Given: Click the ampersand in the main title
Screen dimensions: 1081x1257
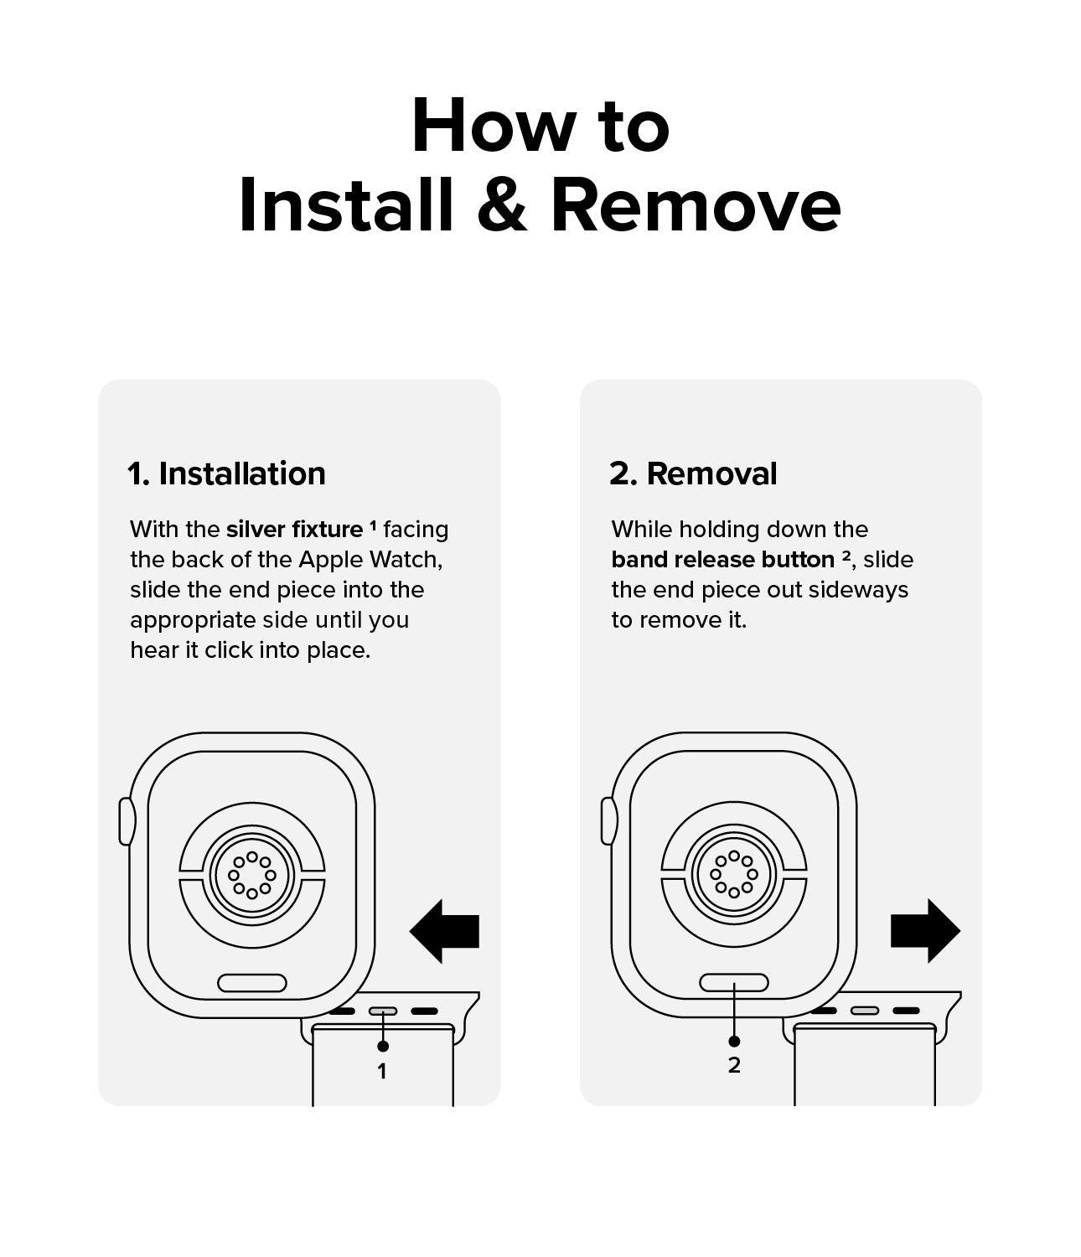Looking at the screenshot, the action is tap(502, 204).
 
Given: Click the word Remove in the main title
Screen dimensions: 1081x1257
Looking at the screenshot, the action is tap(696, 204).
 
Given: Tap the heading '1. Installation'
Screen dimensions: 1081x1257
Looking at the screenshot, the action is tap(227, 473).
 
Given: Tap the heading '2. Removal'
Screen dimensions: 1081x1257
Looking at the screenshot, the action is tap(693, 473).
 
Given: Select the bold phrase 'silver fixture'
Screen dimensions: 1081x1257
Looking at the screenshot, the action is tap(295, 529).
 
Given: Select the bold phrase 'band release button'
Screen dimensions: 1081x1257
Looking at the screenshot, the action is tap(723, 560).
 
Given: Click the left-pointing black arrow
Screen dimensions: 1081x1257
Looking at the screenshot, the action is tap(444, 931).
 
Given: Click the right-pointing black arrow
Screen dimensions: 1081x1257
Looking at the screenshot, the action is tap(925, 931).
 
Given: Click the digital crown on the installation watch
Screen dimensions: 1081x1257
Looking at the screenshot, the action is tap(126, 821).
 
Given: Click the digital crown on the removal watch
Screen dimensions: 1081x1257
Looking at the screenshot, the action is tap(608, 821).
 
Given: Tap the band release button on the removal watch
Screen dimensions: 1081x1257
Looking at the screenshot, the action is tap(734, 983).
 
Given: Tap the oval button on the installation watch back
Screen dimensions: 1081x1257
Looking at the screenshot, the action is tap(252, 983).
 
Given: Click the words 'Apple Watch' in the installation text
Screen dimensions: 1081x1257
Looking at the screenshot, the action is tap(370, 560).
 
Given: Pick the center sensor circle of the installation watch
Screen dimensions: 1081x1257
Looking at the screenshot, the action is tap(252, 875).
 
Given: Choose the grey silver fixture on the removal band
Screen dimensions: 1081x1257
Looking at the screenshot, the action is tap(865, 1011).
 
